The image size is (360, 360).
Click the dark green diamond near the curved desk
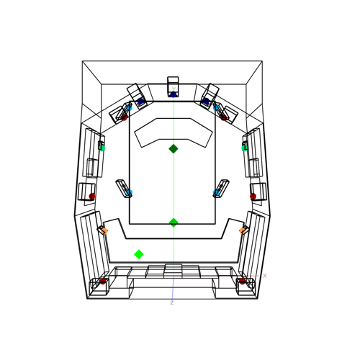tap(174, 149)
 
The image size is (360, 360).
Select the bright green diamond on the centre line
tap(174, 222)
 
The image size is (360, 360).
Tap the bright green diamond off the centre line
tap(139, 254)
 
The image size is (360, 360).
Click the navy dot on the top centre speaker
tap(174, 94)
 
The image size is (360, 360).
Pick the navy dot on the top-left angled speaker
tap(140, 101)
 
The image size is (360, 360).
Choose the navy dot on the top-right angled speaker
tap(206, 101)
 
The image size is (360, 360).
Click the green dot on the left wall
tap(102, 148)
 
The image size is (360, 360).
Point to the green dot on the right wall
tap(245, 148)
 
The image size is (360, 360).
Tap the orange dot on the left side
tap(104, 231)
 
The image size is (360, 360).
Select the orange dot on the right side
tap(243, 231)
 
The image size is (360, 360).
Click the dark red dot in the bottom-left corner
tap(103, 282)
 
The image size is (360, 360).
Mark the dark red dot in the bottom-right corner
tap(243, 282)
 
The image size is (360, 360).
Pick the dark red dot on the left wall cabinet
tap(92, 197)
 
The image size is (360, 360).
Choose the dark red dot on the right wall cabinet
tap(253, 197)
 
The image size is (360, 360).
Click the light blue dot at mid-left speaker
tap(129, 192)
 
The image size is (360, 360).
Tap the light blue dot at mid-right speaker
tap(216, 192)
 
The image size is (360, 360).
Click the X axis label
tap(265, 276)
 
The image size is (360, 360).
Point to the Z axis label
tap(172, 302)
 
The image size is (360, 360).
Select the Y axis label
tap(174, 90)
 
